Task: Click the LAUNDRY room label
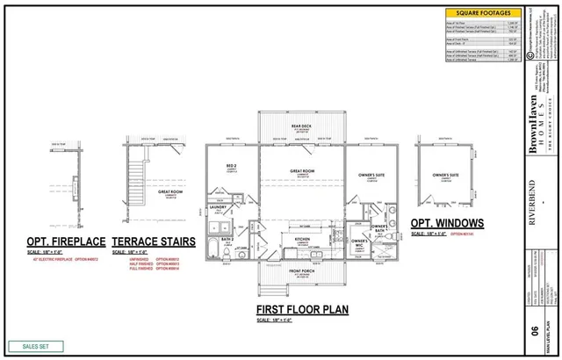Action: [220, 208]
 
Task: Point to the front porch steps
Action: [266, 289]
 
